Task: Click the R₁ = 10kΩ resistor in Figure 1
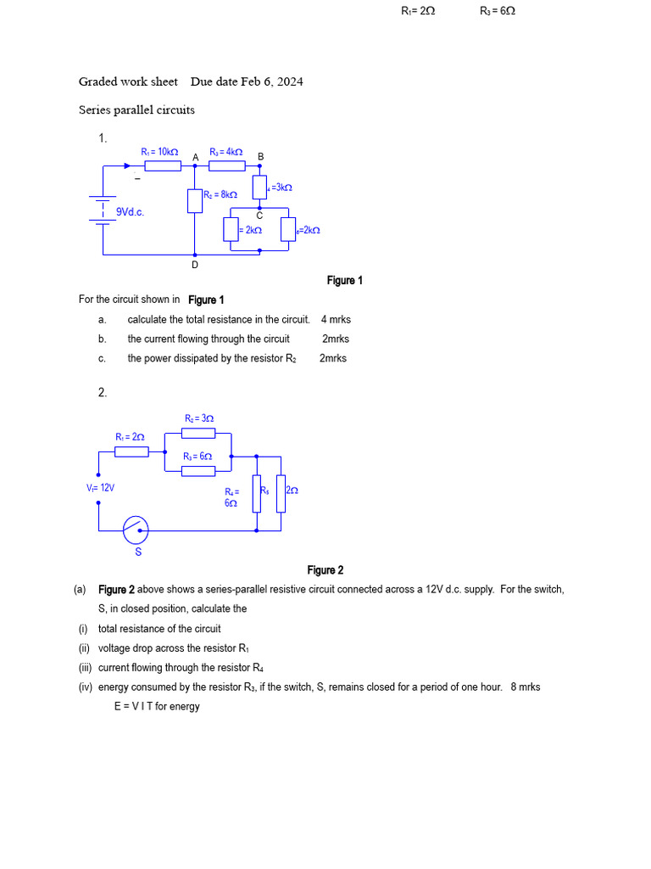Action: [x=162, y=165]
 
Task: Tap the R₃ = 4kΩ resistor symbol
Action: [x=226, y=165]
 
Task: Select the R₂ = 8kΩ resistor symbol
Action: [x=195, y=200]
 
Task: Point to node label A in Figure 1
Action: [x=196, y=157]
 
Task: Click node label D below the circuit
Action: [x=195, y=265]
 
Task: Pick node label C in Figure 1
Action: [x=259, y=215]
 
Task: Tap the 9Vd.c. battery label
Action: [x=130, y=212]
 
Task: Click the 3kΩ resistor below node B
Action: [x=259, y=187]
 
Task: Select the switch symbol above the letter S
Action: [x=136, y=530]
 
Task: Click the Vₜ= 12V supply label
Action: [x=100, y=488]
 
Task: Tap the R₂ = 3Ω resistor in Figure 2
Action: [x=198, y=434]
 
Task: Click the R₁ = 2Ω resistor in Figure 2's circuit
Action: [x=131, y=451]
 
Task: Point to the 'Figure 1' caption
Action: [x=345, y=280]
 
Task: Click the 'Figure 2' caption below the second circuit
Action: [x=325, y=570]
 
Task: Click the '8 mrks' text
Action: [x=526, y=687]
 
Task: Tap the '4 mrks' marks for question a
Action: [x=336, y=319]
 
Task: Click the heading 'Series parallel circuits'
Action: [x=136, y=109]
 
